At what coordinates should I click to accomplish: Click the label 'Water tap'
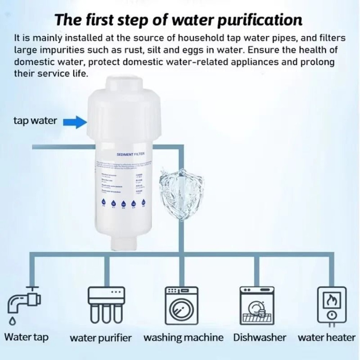26,337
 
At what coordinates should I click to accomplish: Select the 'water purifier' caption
100,338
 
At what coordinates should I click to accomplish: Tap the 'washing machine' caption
183,338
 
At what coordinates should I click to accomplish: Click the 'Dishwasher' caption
260,338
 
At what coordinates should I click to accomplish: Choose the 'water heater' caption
326,338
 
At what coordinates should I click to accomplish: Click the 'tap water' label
35,121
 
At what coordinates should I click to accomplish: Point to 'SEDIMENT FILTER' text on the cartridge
130,154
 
